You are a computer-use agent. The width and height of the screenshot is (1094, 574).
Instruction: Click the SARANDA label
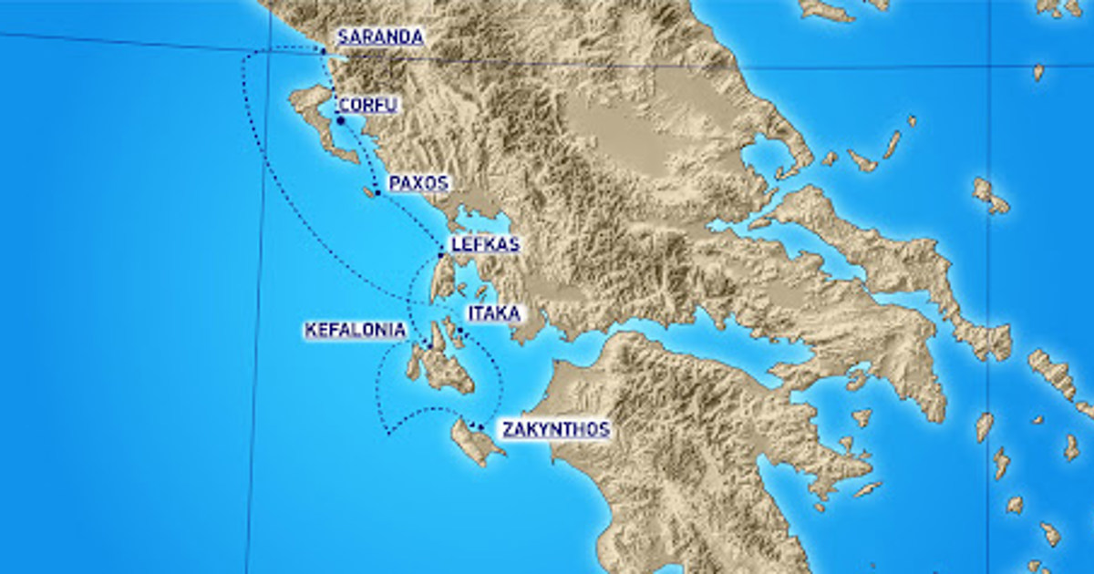coord(380,37)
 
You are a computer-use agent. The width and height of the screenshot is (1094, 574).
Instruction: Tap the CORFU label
coord(368,105)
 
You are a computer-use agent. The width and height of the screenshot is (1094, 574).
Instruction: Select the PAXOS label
coord(418,183)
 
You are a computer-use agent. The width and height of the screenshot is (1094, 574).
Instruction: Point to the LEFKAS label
coord(485,244)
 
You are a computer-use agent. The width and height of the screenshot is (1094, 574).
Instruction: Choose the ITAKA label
coord(493,313)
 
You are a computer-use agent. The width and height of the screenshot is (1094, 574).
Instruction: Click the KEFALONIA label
coord(355,330)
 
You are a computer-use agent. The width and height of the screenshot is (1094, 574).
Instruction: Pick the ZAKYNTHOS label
coord(556,429)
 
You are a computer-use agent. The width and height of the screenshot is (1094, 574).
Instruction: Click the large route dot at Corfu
coord(340,120)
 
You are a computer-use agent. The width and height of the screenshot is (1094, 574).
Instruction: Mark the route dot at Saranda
coord(324,51)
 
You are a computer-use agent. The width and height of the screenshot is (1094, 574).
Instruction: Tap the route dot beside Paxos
coord(378,193)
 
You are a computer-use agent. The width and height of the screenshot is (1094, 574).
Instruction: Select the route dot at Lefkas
coord(441,255)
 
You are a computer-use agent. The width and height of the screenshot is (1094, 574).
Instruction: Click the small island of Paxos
coord(370,192)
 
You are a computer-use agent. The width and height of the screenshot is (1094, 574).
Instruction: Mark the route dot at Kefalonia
coord(429,345)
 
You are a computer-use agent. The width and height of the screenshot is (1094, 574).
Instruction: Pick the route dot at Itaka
coord(461,332)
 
